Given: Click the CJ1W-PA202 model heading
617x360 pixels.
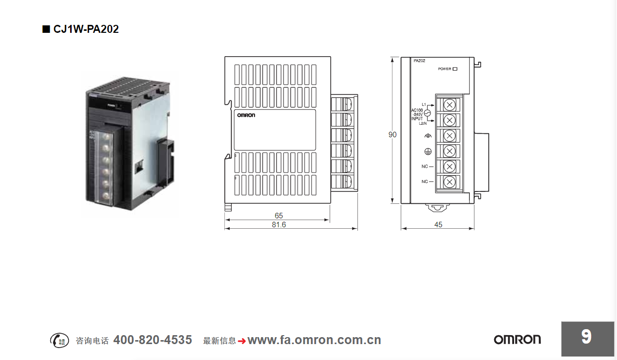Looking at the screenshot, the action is [x=86, y=29].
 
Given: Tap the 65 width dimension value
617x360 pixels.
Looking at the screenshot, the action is [x=278, y=216].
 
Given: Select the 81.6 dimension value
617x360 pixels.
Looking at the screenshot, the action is [x=278, y=225].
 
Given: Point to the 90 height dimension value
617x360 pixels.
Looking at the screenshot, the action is [x=393, y=135].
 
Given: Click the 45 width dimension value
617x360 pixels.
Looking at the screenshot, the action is [x=438, y=225].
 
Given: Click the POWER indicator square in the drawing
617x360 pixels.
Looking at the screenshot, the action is [x=454, y=69].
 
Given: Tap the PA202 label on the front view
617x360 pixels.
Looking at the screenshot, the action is [x=419, y=61].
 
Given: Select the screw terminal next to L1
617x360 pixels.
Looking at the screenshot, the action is [x=449, y=104].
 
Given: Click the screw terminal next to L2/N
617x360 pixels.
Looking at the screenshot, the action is [x=449, y=120].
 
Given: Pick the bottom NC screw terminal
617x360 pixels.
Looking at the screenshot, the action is [x=449, y=181].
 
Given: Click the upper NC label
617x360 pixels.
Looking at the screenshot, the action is [x=425, y=166].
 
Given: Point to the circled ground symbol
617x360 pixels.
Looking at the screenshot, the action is [x=427, y=151].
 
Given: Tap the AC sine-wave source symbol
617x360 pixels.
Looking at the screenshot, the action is [x=426, y=114].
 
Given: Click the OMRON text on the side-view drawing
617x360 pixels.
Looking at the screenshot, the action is [x=246, y=115].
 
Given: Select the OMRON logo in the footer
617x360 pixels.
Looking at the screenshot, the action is [x=517, y=340].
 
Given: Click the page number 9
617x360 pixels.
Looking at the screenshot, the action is [x=586, y=337].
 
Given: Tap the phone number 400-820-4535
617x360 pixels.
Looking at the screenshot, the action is [x=153, y=340].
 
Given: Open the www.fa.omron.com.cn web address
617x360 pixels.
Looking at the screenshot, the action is [x=314, y=340].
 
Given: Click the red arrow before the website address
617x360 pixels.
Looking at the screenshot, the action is [x=242, y=341].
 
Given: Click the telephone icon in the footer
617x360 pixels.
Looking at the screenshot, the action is [x=59, y=340].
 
